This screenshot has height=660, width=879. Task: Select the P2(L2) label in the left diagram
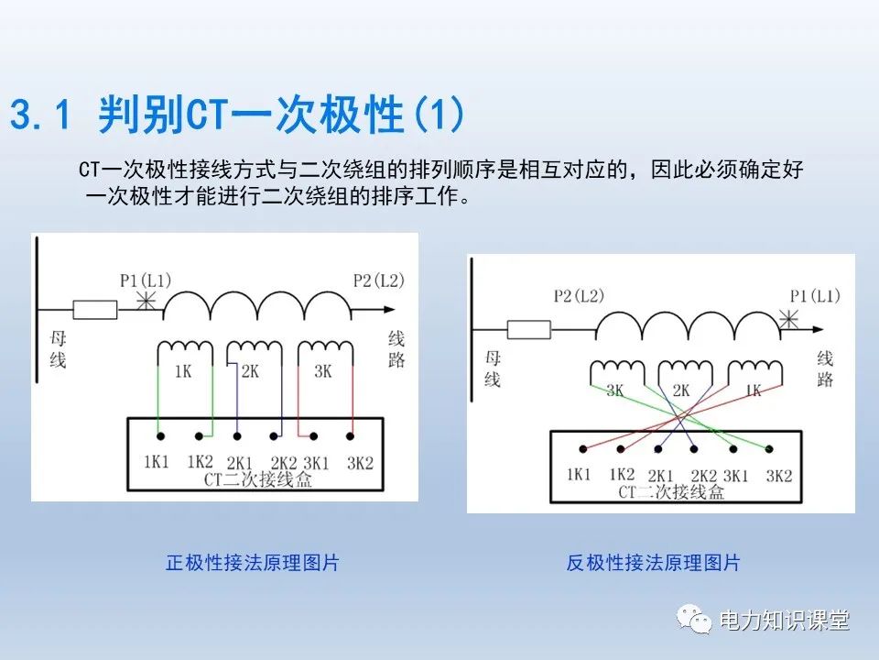coord(377,280)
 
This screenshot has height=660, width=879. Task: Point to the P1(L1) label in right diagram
coord(814,295)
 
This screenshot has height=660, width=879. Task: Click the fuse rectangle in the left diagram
coord(95,310)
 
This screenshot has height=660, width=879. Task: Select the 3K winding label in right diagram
coord(614,390)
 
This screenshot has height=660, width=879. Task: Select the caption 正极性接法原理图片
coord(252,563)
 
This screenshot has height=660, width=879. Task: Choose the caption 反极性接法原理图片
coord(652,563)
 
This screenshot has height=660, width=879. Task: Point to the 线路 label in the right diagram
coord(825,368)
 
